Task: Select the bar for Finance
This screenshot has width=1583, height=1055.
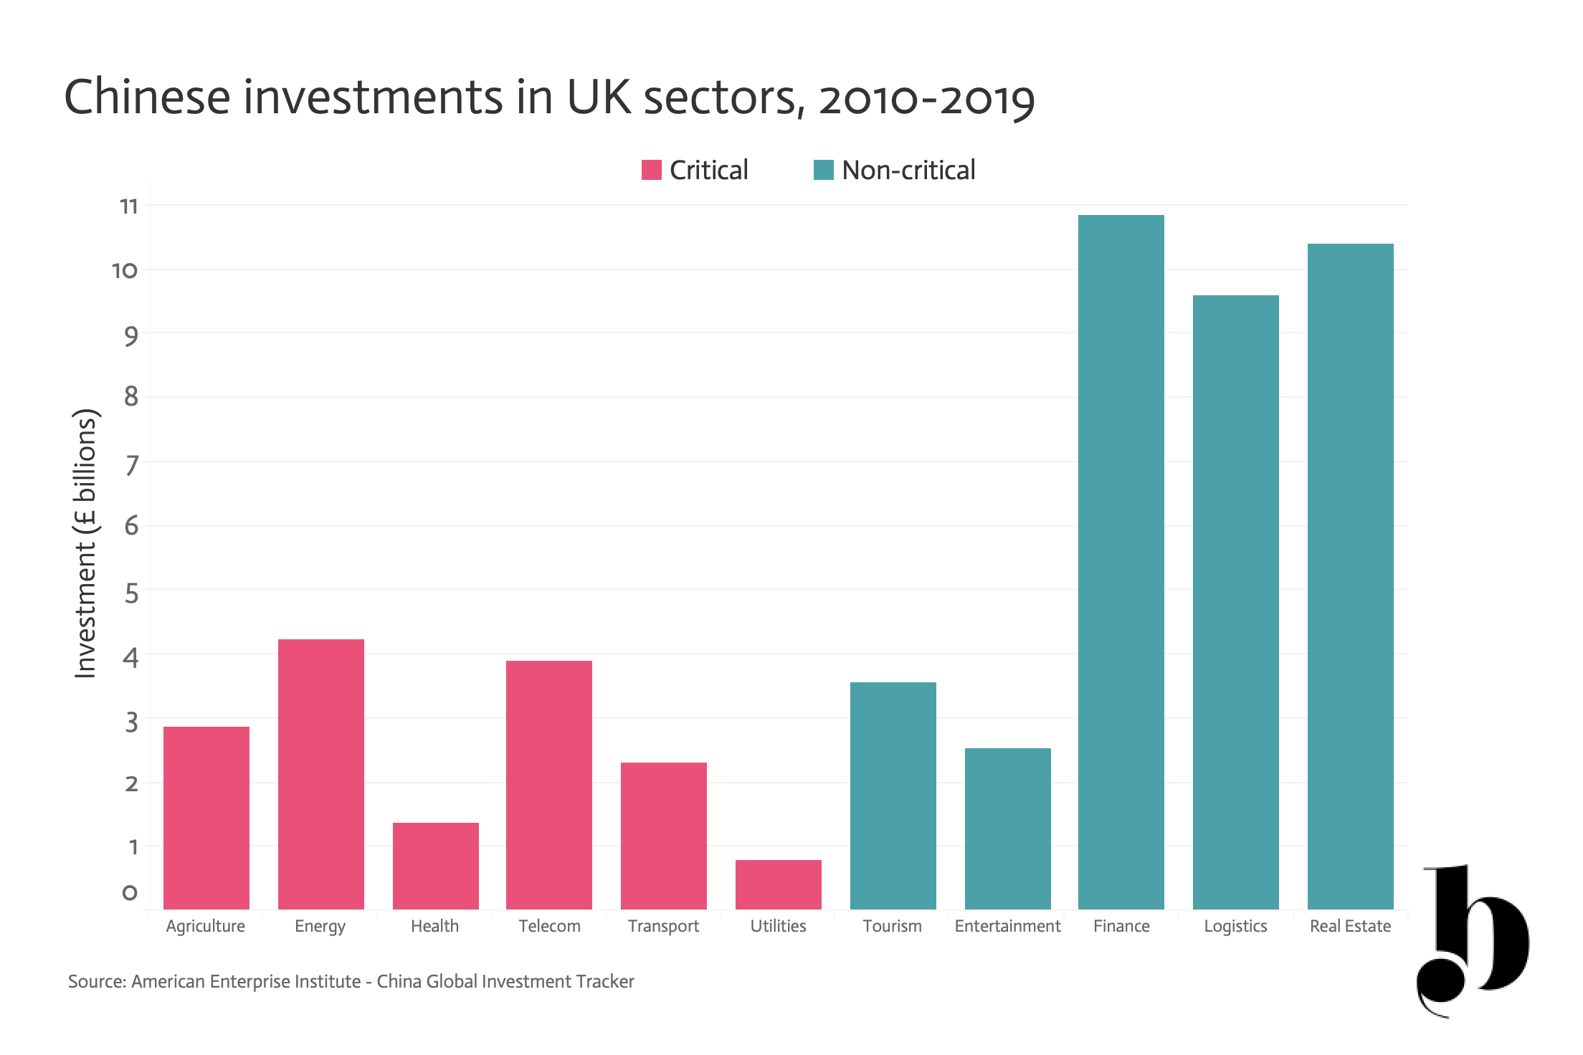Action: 1121,562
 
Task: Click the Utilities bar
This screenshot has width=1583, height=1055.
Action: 779,884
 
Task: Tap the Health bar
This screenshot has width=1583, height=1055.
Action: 436,866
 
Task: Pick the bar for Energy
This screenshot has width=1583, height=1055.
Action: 321,774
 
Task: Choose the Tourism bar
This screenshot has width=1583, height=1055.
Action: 893,796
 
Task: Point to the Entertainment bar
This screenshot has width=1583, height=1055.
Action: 1008,829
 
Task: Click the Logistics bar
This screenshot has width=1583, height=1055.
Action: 1236,602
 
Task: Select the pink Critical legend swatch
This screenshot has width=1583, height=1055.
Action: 652,170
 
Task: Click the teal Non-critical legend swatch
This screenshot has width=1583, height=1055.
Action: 824,170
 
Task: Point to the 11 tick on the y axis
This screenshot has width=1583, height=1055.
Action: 129,206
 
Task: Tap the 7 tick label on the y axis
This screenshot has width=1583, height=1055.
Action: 131,465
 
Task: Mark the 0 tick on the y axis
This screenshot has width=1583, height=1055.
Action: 130,893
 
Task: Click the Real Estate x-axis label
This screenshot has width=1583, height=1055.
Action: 1351,926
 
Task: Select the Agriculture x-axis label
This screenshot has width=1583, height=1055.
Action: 206,927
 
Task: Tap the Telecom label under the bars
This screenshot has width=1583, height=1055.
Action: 550,926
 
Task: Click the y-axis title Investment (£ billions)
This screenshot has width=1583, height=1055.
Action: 86,543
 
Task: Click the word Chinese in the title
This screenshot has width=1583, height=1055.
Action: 148,97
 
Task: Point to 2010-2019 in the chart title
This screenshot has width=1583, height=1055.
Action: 927,99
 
